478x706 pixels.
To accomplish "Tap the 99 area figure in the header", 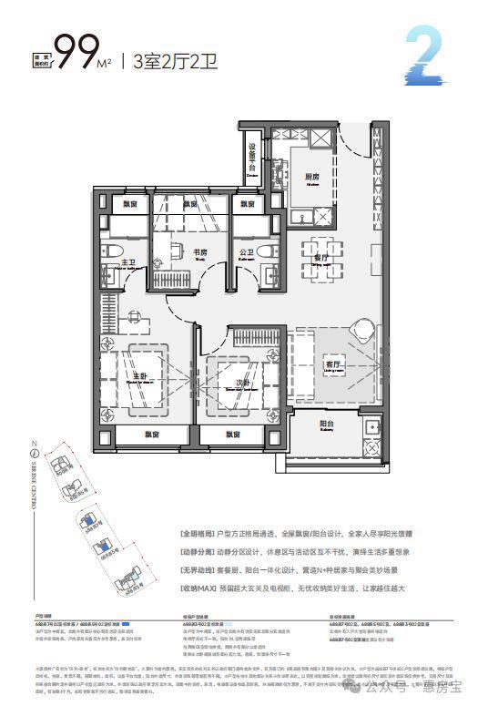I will coord(76,53).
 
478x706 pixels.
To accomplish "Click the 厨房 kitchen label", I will coord(311,179).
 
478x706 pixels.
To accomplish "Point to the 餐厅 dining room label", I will coord(319,259).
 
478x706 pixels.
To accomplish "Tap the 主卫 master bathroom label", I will coord(128,263).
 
